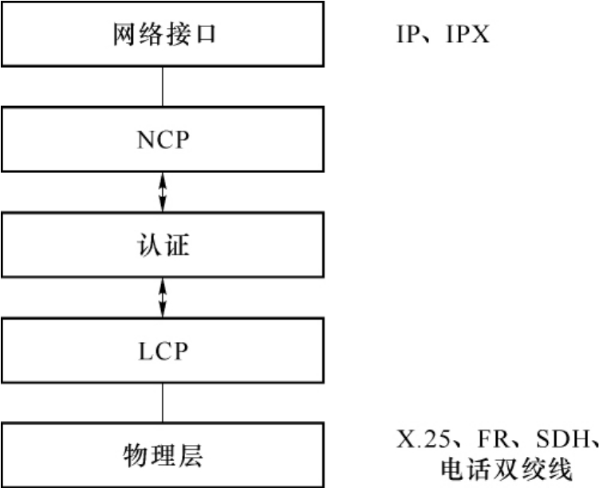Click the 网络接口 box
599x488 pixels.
(x=163, y=36)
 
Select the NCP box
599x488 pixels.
(x=163, y=140)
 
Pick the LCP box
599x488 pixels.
(x=163, y=350)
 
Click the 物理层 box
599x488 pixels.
(x=163, y=455)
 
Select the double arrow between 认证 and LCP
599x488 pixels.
(x=163, y=297)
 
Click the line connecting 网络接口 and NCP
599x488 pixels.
(x=163, y=88)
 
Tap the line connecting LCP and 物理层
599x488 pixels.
(x=163, y=403)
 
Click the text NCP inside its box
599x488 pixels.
(x=163, y=140)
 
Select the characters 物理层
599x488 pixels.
(x=163, y=456)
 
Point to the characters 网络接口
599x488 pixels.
(x=163, y=37)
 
